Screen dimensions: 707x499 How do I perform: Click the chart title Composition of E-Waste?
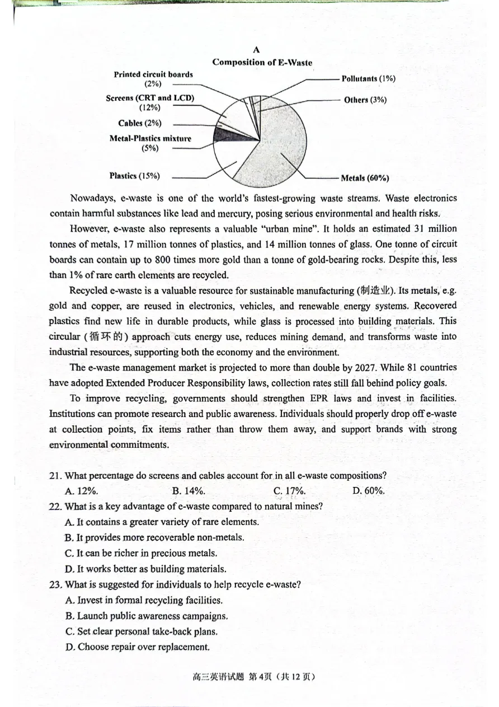(x=262, y=63)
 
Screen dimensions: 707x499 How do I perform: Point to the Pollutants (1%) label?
(x=368, y=79)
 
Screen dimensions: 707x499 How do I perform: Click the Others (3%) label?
(x=365, y=100)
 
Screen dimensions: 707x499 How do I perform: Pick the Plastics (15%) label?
(x=134, y=176)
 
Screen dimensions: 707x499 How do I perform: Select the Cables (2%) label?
(x=139, y=124)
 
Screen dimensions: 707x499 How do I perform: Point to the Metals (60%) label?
(x=365, y=179)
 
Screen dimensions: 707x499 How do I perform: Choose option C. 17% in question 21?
(x=289, y=491)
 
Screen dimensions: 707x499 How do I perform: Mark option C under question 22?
(x=141, y=553)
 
